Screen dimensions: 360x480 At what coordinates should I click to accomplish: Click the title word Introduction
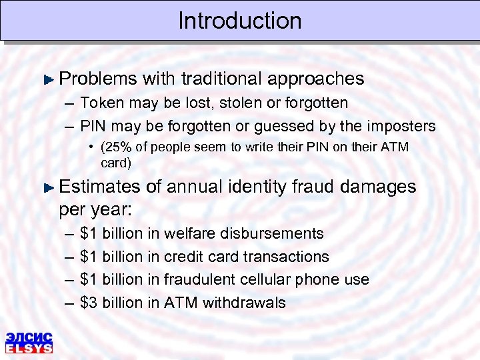click(x=240, y=21)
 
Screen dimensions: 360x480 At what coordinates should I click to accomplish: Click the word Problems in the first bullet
click(x=98, y=79)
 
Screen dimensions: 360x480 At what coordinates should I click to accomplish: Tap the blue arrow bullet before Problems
click(x=48, y=79)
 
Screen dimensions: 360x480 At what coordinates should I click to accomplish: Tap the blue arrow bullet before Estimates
click(x=48, y=187)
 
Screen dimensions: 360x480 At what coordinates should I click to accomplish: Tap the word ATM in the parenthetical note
click(x=395, y=147)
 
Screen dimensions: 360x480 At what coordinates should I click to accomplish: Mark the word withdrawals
click(x=244, y=303)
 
